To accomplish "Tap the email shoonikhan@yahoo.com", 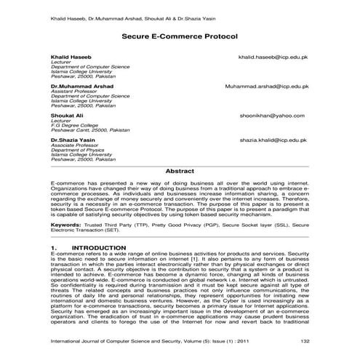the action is (x=273, y=115).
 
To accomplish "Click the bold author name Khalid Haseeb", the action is (x=71, y=56).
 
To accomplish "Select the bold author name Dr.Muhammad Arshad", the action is (x=81, y=86).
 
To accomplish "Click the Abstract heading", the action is (x=180, y=170).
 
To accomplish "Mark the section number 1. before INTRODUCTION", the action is (x=55, y=248).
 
